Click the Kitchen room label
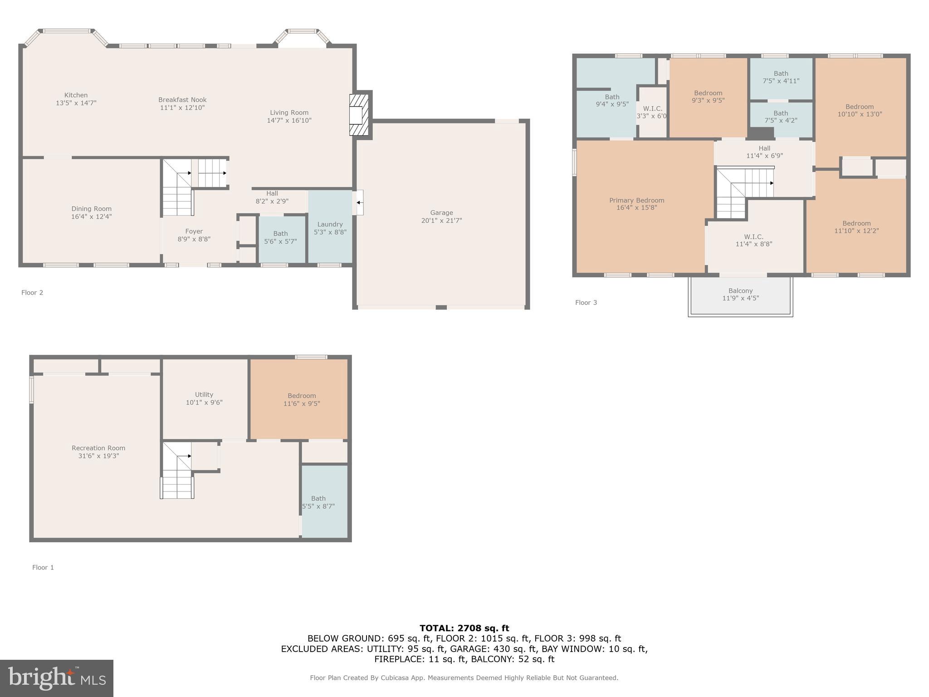76,95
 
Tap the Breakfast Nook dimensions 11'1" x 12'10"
182,108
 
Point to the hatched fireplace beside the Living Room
359,114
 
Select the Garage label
441,213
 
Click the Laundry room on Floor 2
330,228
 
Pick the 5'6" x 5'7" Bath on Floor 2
280,238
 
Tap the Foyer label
194,231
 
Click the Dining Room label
91,209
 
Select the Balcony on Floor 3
740,295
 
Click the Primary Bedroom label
636,200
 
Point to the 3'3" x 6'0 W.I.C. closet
652,112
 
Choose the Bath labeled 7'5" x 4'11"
781,77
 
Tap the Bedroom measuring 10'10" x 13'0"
859,110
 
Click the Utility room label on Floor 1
204,395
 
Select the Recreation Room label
98,448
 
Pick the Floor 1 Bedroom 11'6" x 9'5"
302,399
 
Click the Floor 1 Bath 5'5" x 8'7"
318,502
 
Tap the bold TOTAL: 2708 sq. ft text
464,628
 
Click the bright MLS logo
57,678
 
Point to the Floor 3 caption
586,303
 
